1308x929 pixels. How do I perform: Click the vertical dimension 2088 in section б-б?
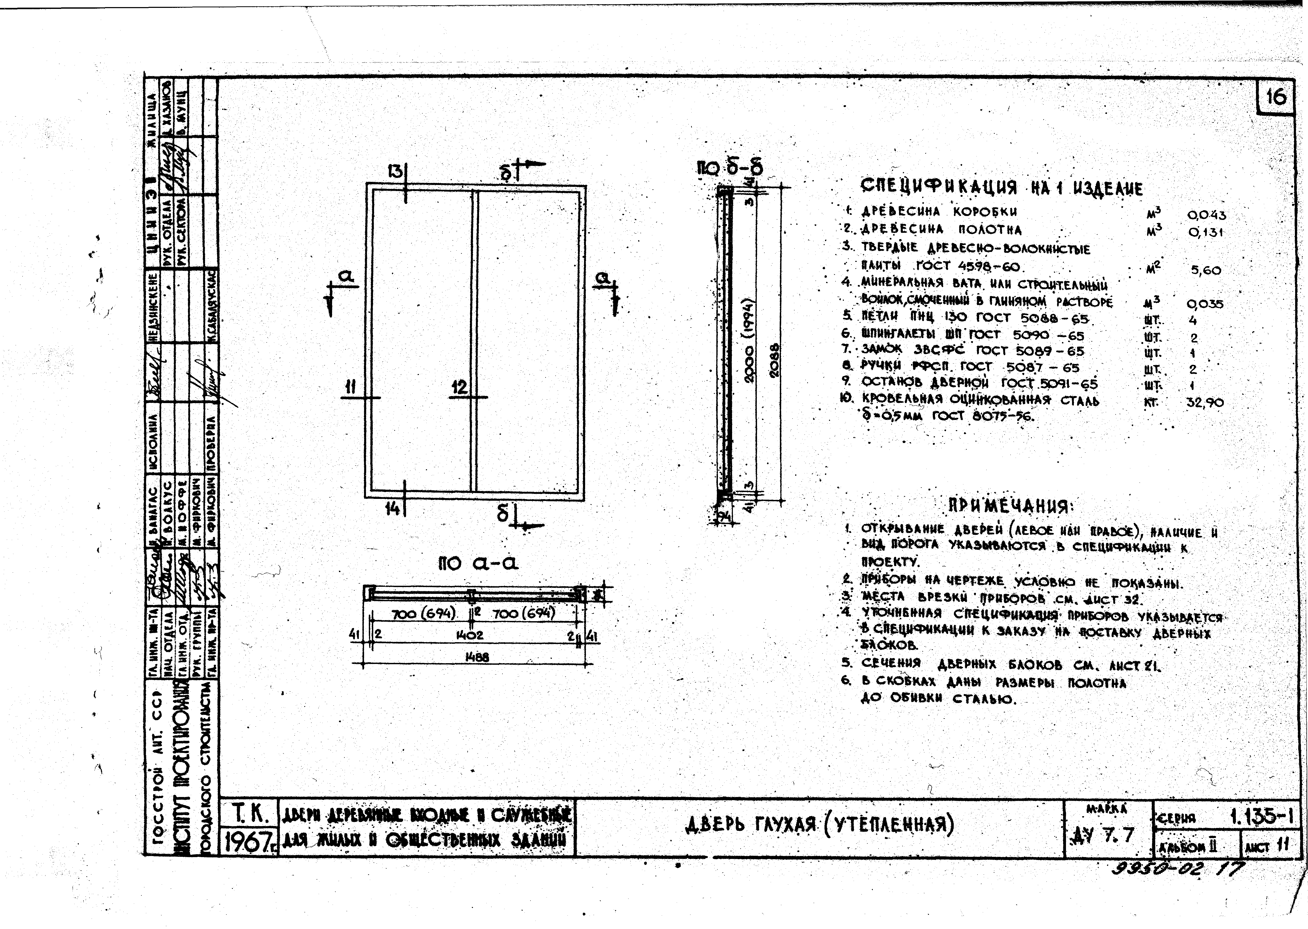point(774,360)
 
